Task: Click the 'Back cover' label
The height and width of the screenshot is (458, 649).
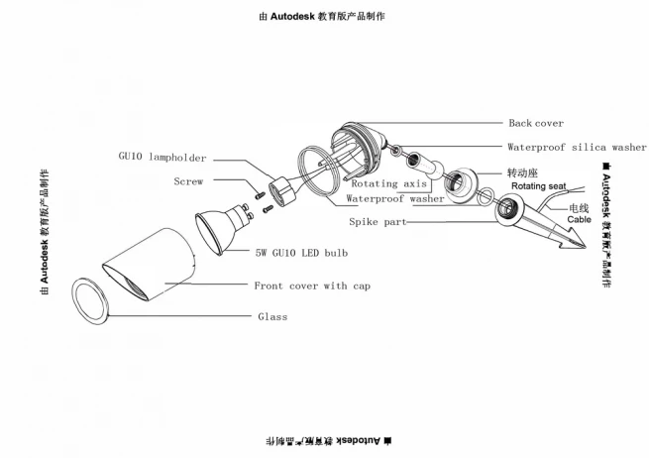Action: (535, 124)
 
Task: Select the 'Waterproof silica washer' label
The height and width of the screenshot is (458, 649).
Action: (576, 147)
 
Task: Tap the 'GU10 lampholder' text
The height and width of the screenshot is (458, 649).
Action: (162, 157)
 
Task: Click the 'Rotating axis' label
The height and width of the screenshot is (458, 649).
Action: (388, 183)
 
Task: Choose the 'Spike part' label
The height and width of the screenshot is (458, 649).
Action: (377, 223)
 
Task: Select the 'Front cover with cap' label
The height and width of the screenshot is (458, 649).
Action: (312, 286)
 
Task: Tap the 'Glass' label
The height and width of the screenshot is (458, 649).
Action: (272, 317)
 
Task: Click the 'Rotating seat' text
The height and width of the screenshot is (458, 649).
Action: (538, 186)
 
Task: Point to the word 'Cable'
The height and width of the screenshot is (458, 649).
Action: (579, 220)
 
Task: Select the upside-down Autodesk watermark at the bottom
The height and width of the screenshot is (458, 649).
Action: (324, 437)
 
